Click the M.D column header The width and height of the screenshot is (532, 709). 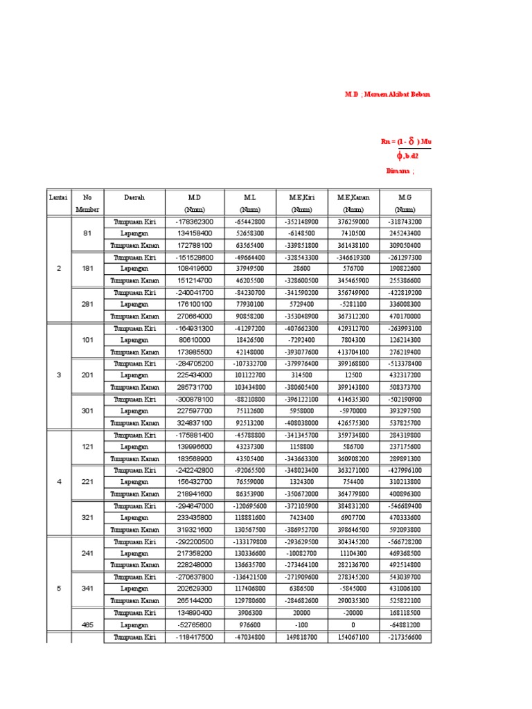click(x=194, y=197)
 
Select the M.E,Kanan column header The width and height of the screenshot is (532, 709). click(x=354, y=197)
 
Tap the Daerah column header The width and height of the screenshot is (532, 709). click(x=134, y=197)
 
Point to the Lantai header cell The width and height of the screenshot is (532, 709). click(x=58, y=197)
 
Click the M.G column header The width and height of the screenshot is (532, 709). click(x=405, y=197)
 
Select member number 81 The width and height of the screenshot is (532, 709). click(x=87, y=233)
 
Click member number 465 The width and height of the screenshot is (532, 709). click(x=87, y=625)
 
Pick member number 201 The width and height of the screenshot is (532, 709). click(x=87, y=375)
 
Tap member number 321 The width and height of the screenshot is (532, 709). click(x=87, y=517)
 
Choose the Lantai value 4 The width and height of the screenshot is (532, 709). click(x=58, y=482)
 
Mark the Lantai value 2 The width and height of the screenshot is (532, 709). click(x=58, y=269)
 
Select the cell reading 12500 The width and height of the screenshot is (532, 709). click(x=354, y=375)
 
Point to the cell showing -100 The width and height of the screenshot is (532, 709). click(x=301, y=625)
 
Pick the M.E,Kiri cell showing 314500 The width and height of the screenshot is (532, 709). click(x=301, y=375)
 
